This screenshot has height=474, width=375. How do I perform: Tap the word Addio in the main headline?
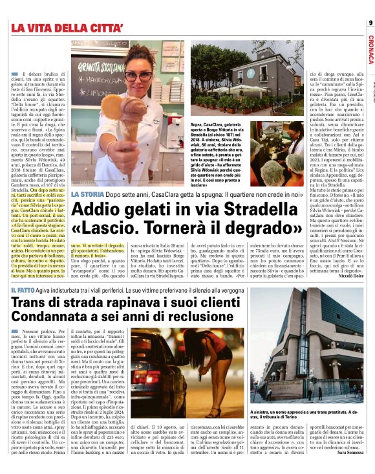100,210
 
